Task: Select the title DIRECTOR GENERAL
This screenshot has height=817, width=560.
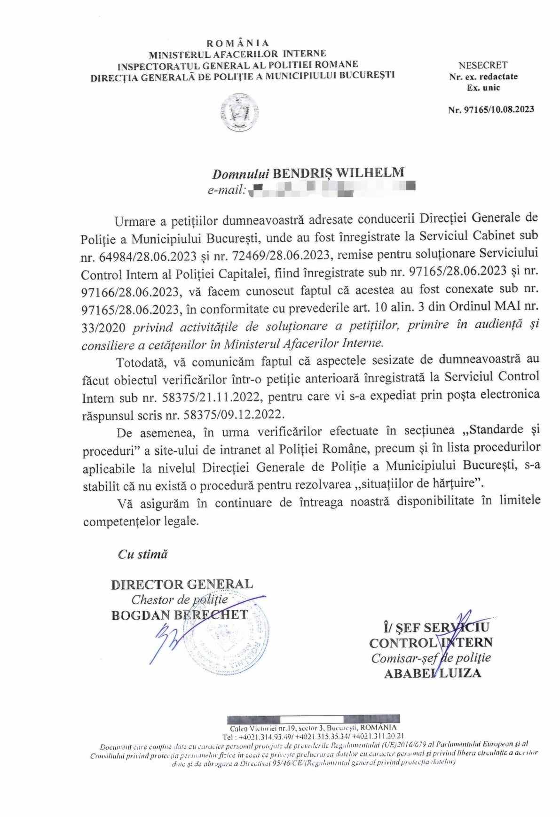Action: coord(181,584)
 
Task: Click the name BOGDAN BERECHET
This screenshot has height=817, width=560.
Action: coord(179,615)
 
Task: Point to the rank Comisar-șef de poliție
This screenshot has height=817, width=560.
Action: coord(431,658)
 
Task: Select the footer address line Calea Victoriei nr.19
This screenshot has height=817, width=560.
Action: coord(314,728)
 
